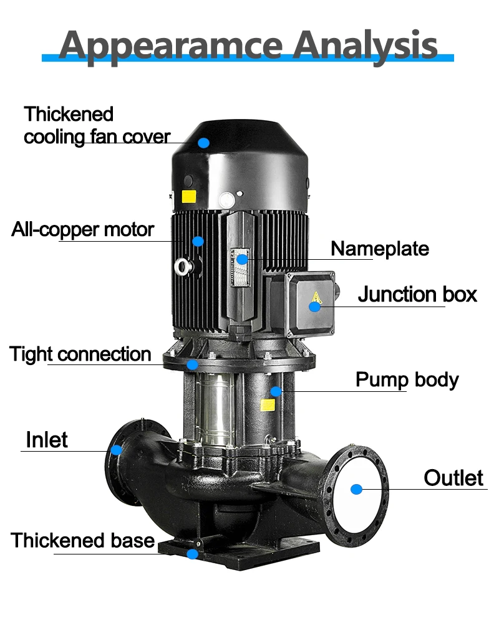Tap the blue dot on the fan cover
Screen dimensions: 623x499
tap(203, 142)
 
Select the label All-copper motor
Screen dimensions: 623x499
tap(82, 229)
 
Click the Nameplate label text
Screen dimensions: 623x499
tap(379, 249)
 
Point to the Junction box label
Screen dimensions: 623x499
tap(417, 294)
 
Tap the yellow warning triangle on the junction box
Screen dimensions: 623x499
tap(316, 298)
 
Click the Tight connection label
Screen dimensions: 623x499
tap(80, 354)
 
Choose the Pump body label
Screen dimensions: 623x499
tap(407, 379)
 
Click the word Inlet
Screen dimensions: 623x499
tap(47, 440)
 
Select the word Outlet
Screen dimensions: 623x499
tap(453, 478)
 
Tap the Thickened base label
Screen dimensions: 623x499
tap(82, 540)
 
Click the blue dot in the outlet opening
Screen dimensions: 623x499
tap(356, 489)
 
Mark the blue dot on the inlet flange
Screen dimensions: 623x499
tap(116, 449)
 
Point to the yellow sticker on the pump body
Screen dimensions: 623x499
tap(268, 405)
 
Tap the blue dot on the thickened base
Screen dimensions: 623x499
tap(193, 553)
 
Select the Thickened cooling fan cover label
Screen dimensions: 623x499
tap(97, 125)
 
